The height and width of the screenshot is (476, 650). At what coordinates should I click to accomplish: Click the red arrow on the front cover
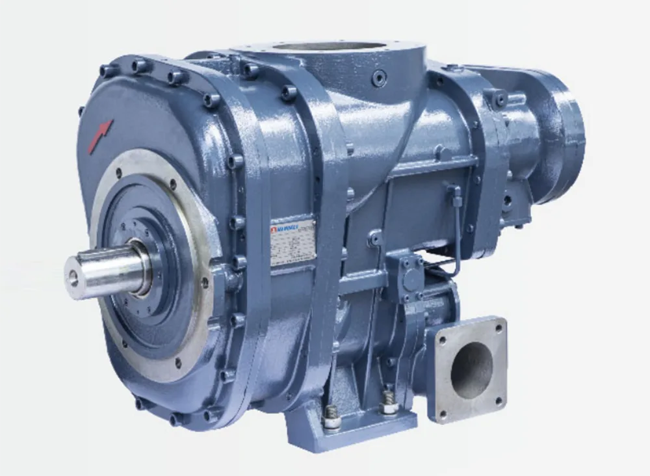pyautogui.click(x=100, y=137)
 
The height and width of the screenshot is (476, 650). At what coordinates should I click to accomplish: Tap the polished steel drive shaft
pyautogui.click(x=104, y=267)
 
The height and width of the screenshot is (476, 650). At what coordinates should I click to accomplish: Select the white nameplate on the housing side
pyautogui.click(x=292, y=242)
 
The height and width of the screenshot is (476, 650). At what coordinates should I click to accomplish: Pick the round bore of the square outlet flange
pyautogui.click(x=471, y=369)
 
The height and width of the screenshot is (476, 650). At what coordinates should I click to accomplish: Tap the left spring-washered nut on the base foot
pyautogui.click(x=331, y=418)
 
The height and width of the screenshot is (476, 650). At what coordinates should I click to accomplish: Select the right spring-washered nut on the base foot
pyautogui.click(x=389, y=403)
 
